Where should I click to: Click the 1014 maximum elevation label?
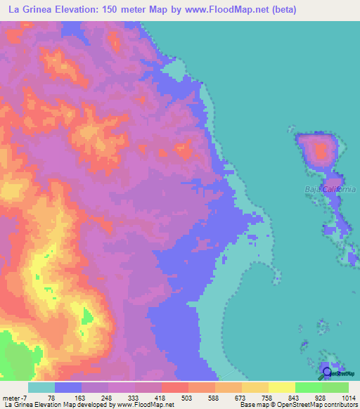pyautogui.click(x=348, y=397)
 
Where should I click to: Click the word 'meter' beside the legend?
pyautogui.click(x=11, y=397)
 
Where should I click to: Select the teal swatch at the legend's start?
pyautogui.click(x=41, y=387)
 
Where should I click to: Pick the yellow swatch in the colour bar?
pyautogui.click(x=282, y=387)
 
